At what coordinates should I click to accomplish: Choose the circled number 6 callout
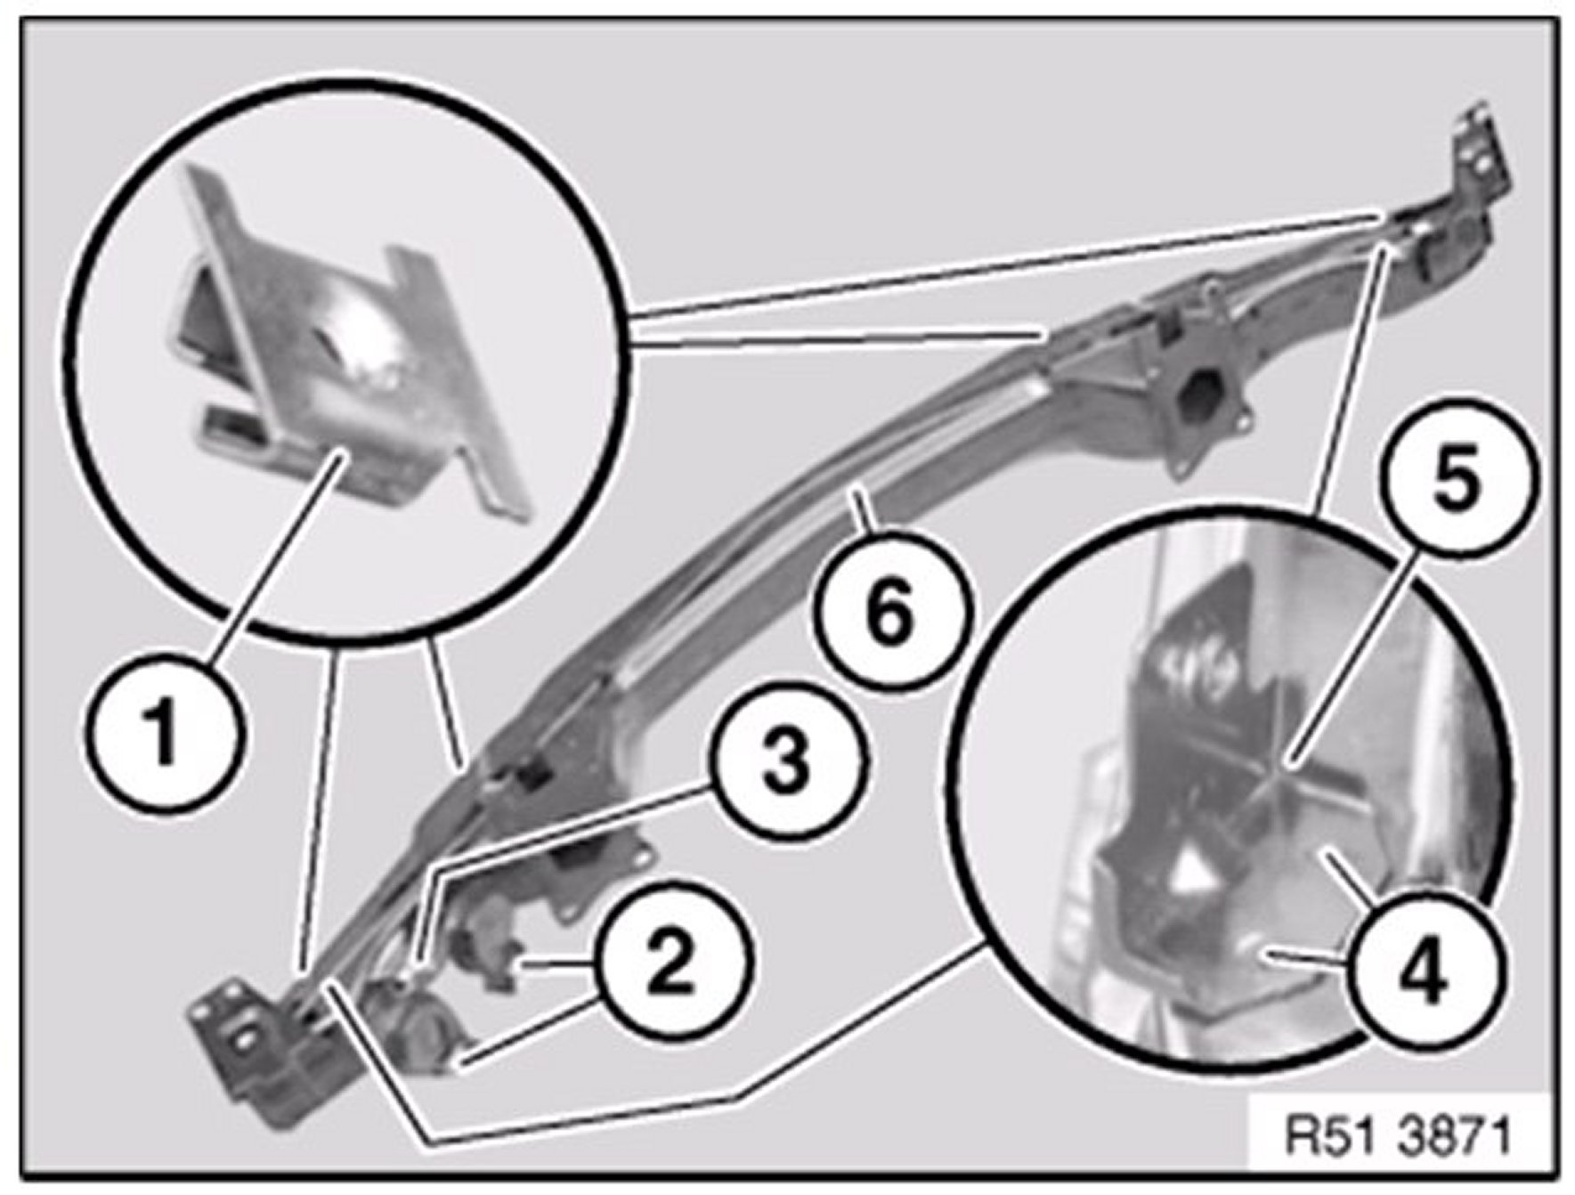pyautogui.click(x=889, y=614)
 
